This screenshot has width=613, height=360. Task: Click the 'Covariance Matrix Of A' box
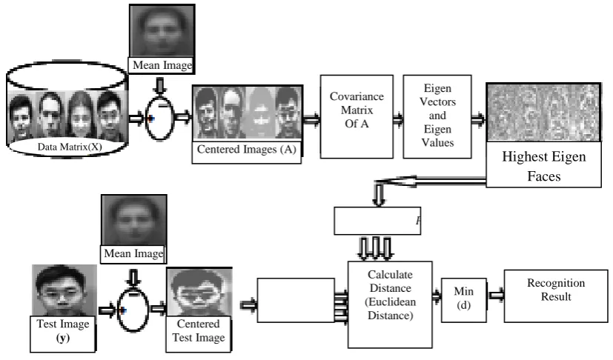(x=357, y=116)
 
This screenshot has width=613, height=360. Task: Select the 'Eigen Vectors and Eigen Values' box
(x=437, y=116)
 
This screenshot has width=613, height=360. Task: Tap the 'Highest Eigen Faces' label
(x=543, y=166)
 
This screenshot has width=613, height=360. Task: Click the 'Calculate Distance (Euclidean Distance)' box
(x=390, y=304)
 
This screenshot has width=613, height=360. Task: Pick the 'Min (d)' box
(x=464, y=300)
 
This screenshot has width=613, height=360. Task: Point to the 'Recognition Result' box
(x=556, y=296)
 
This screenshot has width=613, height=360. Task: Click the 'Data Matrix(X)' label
(x=70, y=147)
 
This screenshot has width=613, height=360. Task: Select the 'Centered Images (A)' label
(x=247, y=150)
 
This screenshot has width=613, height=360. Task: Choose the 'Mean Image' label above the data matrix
(x=162, y=65)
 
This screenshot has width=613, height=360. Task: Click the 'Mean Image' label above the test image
(x=133, y=253)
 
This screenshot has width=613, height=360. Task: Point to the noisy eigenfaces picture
(x=543, y=113)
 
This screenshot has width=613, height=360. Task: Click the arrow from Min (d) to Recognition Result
(x=496, y=295)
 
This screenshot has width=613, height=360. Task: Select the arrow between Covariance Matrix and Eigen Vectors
(x=398, y=119)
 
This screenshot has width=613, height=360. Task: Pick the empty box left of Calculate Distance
(x=296, y=300)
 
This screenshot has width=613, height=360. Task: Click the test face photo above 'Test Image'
(x=64, y=290)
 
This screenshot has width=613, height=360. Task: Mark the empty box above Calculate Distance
(x=377, y=221)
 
